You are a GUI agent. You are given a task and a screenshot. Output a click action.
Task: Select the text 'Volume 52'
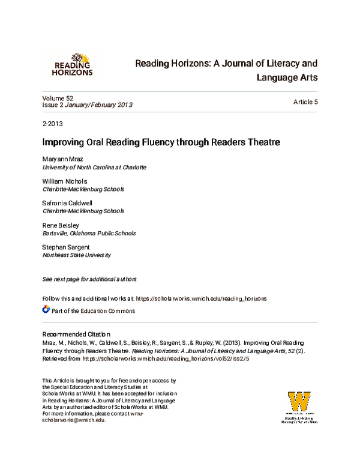point(58,97)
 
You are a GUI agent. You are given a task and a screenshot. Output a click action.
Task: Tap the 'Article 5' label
point(305,102)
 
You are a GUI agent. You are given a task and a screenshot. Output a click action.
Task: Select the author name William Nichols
point(64,181)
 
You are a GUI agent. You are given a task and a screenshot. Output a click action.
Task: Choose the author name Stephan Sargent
point(67,247)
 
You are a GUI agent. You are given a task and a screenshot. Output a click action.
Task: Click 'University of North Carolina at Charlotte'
point(94,168)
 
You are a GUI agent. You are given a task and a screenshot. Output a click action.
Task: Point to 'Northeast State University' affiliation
point(76,255)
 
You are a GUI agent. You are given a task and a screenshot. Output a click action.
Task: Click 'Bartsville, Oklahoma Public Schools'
point(89,234)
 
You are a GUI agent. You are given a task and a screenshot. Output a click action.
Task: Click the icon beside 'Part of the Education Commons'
point(46,310)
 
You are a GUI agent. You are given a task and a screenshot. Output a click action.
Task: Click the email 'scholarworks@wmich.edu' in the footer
point(74,420)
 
